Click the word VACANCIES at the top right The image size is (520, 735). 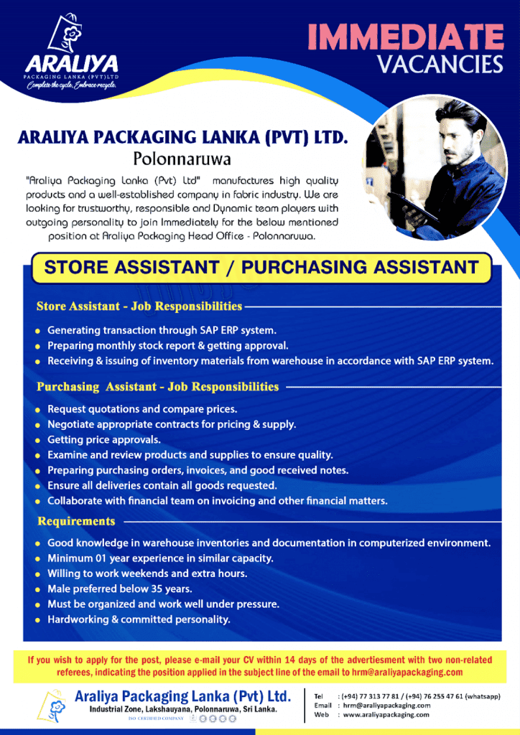440,65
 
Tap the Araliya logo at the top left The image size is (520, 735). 70,50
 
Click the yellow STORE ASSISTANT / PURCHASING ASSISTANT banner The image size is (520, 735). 261,268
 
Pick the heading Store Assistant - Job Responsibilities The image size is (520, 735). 139,306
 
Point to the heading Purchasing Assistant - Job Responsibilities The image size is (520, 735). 157,387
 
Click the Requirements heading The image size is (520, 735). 76,521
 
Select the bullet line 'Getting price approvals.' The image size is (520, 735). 104,439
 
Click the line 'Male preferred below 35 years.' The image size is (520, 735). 119,589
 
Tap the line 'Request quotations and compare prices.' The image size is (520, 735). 142,409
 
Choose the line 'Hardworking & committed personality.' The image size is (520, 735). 139,619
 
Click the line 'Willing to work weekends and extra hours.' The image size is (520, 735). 147,574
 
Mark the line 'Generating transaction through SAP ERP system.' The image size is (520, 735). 162,330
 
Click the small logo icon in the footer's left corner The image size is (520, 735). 52,705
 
